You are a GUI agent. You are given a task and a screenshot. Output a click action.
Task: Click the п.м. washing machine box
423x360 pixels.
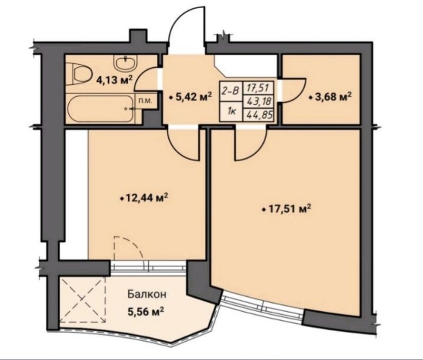point(146,101)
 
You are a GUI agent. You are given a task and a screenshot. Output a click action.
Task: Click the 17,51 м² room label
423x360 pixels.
point(287,208)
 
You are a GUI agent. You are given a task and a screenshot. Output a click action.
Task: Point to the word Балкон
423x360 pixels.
point(147,294)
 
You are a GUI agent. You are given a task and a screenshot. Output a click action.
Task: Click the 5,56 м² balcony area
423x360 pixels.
point(146,312)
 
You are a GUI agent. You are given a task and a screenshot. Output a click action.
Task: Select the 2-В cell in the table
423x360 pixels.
point(231,91)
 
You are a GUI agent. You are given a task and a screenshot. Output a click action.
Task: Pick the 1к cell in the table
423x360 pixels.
point(231,111)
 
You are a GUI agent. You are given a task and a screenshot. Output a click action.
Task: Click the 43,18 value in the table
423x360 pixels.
point(258,102)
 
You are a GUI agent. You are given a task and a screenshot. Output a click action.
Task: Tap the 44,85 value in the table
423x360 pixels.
point(258,115)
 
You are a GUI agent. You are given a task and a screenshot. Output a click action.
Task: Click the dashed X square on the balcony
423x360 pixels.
point(82,299)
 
